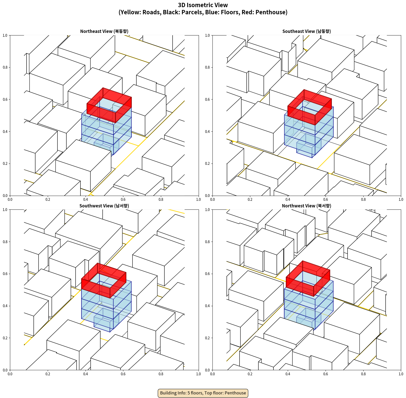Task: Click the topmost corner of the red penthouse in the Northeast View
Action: [x=103, y=88]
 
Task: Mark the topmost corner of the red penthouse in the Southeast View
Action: [x=304, y=90]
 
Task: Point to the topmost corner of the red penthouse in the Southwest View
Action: [x=98, y=263]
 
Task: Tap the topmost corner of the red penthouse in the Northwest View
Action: [x=303, y=261]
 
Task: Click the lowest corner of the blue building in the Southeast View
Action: [x=312, y=158]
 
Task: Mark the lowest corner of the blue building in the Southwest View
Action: [x=110, y=332]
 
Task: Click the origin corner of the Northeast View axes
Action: [x=10, y=196]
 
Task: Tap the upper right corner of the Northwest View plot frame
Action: [x=401, y=210]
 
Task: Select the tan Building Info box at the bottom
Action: [x=203, y=393]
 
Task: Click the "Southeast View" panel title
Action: [x=306, y=31]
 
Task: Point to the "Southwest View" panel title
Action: [x=104, y=206]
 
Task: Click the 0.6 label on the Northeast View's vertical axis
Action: [x=5, y=99]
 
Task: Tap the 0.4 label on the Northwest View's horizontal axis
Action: [x=288, y=374]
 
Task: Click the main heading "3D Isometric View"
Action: [x=203, y=5]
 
